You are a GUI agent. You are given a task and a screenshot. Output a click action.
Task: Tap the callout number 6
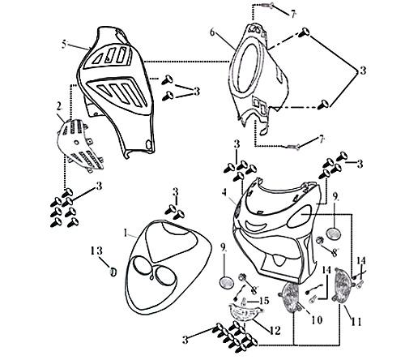212,33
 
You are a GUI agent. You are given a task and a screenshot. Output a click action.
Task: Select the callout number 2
59,105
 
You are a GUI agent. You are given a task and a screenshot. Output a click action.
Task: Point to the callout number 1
126,232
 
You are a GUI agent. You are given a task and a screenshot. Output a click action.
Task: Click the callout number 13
96,249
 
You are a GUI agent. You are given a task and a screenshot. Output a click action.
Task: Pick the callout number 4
224,192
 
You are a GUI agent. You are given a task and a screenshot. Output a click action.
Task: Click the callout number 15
262,301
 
